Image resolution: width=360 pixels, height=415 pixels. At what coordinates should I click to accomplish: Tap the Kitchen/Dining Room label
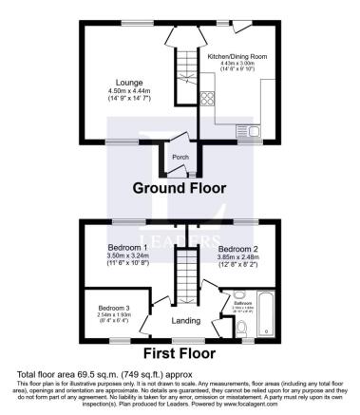point(237,57)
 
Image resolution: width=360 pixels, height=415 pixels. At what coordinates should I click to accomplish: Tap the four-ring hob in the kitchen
point(208,96)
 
